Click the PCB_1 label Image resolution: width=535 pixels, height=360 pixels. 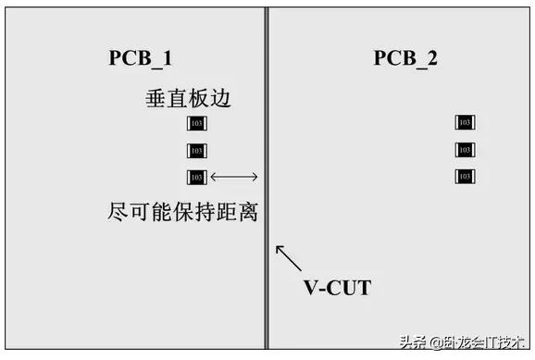pyautogui.click(x=140, y=57)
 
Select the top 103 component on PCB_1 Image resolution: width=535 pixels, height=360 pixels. pyautogui.click(x=196, y=124)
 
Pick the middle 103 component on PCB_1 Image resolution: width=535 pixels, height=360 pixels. pyautogui.click(x=196, y=150)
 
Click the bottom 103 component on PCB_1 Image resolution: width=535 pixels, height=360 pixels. pyautogui.click(x=196, y=177)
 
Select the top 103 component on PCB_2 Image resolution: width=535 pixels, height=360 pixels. pyautogui.click(x=465, y=122)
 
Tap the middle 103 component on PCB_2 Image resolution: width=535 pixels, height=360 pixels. pyautogui.click(x=465, y=149)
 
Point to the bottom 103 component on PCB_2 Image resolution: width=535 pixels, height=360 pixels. pyautogui.click(x=465, y=176)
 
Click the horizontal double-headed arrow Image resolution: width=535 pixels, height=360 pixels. pyautogui.click(x=233, y=177)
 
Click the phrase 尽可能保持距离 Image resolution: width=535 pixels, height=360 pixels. pyautogui.click(x=182, y=212)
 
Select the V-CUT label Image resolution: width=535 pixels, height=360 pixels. pyautogui.click(x=338, y=287)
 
